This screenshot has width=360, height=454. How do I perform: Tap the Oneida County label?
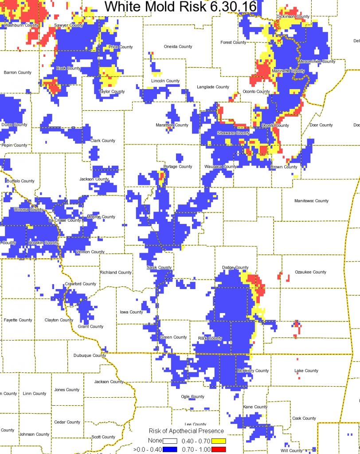coord(178,47)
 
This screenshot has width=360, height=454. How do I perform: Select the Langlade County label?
coord(213,87)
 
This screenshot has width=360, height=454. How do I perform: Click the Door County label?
coord(321,125)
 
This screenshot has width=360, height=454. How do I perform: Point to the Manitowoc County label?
coord(311,201)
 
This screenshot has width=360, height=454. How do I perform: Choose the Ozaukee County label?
coord(310,272)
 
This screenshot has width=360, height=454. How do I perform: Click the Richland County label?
coord(116,272)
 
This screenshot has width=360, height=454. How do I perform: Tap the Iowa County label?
coord(132,312)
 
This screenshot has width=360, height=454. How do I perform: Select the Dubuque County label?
coord(90,355)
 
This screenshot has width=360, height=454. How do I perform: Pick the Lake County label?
coord(306,371)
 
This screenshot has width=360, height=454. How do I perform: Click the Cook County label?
coord(304,418)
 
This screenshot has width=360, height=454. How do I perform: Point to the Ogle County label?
coord(192,396)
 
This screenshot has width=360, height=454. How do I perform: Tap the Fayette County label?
coord(18,320)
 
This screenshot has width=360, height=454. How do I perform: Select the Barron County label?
coord(18,72)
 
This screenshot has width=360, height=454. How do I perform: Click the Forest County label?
coord(233,43)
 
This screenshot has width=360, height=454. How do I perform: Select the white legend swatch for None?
coord(170,441)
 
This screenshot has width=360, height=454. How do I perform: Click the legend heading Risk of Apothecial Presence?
coord(186,431)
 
